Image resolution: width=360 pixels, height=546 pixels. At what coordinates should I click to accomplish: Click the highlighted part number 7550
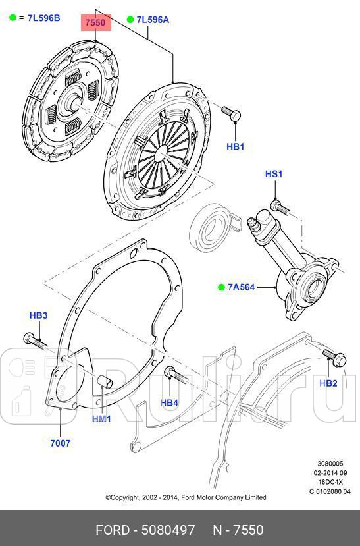pyautogui.click(x=95, y=22)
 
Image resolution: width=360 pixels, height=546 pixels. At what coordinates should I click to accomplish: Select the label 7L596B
pyautogui.click(x=43, y=18)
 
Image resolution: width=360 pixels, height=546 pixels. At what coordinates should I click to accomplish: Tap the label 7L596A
pyautogui.click(x=153, y=20)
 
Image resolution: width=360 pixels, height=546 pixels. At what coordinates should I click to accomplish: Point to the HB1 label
pyautogui.click(x=235, y=146)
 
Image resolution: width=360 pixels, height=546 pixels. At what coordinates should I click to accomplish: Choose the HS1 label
pyautogui.click(x=273, y=174)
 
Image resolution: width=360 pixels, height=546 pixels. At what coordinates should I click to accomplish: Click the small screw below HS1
pyautogui.click(x=280, y=206)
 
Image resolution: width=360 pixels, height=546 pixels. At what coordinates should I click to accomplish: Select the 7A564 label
pyautogui.click(x=242, y=287)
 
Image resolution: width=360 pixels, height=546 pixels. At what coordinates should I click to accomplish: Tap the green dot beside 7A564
pyautogui.click(x=222, y=287)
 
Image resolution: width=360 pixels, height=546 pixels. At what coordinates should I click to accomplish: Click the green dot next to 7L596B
pyautogui.click(x=12, y=18)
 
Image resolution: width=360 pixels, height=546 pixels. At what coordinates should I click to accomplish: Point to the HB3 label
pyautogui.click(x=38, y=315)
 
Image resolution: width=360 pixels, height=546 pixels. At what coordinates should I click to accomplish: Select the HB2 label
pyautogui.click(x=328, y=383)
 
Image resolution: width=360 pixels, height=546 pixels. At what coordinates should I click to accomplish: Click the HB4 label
pyautogui.click(x=169, y=402)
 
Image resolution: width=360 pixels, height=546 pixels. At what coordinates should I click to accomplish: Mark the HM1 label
pyautogui.click(x=101, y=419)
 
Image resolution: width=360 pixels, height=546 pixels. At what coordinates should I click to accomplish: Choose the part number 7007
pyautogui.click(x=60, y=443)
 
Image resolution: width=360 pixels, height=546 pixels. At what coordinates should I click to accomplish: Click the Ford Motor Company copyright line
pyautogui.click(x=186, y=497)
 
